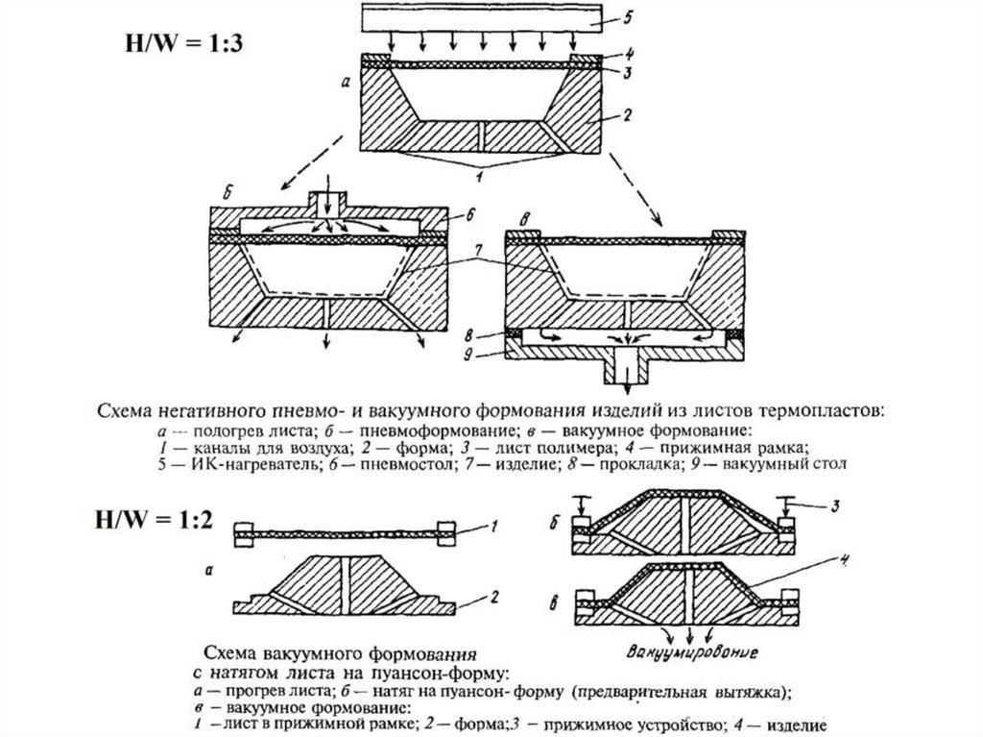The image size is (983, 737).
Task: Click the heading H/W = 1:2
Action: coord(144,522)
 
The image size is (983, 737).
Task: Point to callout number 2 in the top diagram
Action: coord(624,116)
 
